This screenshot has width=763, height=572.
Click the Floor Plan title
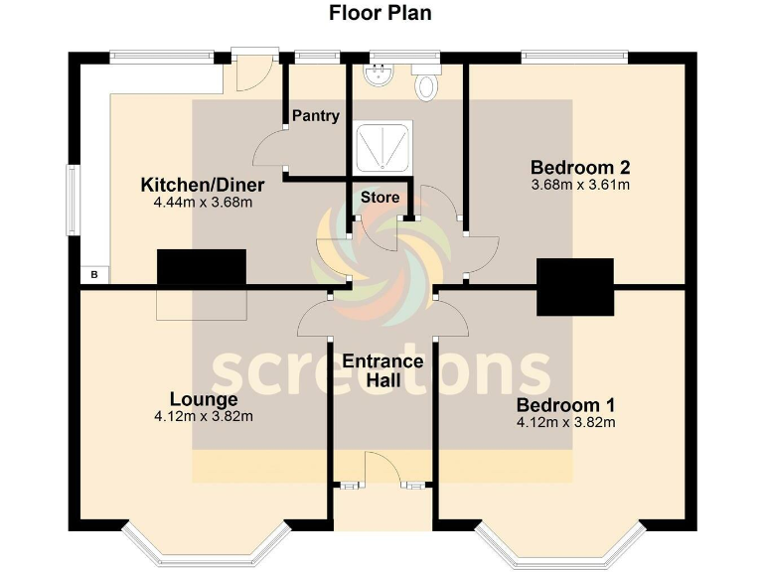tap(381, 13)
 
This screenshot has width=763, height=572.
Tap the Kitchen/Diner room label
tap(196, 186)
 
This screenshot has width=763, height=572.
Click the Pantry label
tap(316, 116)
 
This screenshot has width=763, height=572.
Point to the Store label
tap(380, 198)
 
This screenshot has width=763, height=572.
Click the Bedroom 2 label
tap(580, 167)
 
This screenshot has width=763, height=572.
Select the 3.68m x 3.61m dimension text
tap(580, 185)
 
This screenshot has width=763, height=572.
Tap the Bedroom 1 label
tap(565, 405)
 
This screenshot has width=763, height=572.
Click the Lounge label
tap(204, 399)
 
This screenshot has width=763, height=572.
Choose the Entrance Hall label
tap(381, 370)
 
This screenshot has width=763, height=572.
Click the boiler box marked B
tap(94, 274)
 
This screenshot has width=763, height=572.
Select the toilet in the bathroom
tap(427, 85)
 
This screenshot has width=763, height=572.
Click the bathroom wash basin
tap(379, 74)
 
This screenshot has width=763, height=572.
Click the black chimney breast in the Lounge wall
tap(201, 268)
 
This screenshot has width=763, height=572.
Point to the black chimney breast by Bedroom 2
tap(575, 287)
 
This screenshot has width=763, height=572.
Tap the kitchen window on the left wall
tap(73, 202)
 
